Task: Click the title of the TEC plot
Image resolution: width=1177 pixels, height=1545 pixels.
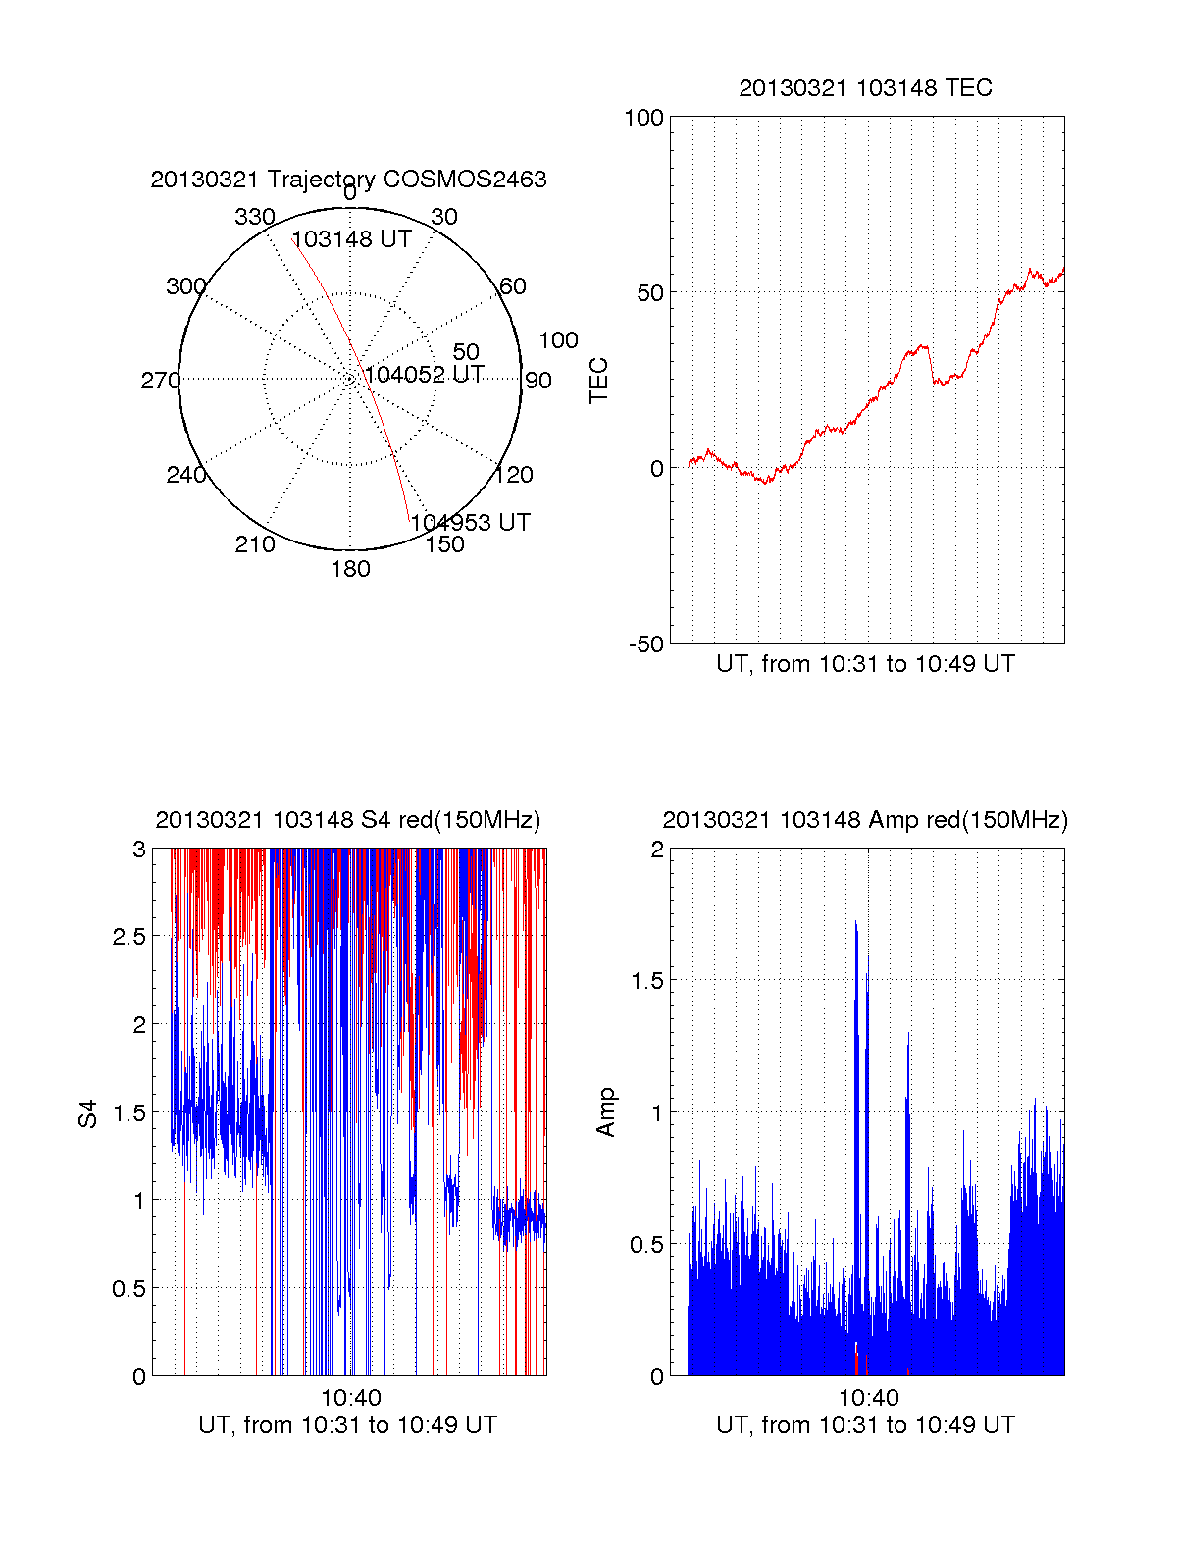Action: (x=865, y=88)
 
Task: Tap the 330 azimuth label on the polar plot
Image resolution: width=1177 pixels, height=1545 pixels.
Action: (x=255, y=217)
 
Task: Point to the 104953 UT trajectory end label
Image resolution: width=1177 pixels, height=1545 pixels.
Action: (x=471, y=523)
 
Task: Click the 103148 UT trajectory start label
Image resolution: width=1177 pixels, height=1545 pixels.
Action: (x=351, y=239)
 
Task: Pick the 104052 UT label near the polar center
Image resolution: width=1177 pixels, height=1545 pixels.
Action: (x=424, y=375)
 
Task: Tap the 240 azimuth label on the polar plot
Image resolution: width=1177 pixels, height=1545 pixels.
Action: (x=186, y=475)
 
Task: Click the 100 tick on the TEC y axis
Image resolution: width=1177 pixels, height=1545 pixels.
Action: (x=644, y=118)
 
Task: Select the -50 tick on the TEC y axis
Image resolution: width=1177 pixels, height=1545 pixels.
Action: (x=646, y=644)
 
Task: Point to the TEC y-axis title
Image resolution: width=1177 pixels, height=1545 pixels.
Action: (x=598, y=381)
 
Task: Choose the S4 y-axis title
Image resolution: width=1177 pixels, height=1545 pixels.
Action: (x=88, y=1113)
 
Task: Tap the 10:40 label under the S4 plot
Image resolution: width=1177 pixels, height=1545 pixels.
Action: (x=351, y=1398)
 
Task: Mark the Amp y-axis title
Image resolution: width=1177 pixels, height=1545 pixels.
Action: (x=606, y=1112)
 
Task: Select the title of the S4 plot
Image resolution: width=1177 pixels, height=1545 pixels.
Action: (x=348, y=820)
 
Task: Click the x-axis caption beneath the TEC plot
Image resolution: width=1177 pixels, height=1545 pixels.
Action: (x=865, y=664)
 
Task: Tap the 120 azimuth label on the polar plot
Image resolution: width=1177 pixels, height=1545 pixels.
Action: (x=514, y=475)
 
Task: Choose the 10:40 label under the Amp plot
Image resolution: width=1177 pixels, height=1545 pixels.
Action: (x=869, y=1398)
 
